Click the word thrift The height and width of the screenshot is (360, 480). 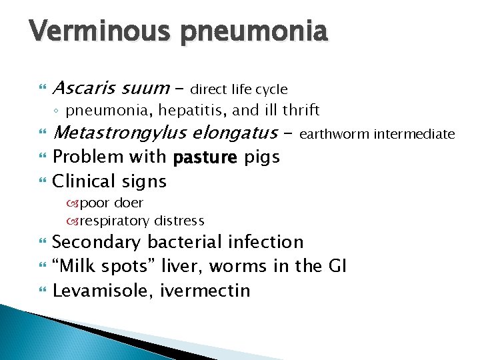pos(299,109)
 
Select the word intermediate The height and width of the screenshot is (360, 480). pos(414,135)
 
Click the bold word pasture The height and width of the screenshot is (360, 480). pos(204,158)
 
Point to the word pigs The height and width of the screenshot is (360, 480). pos(261,158)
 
